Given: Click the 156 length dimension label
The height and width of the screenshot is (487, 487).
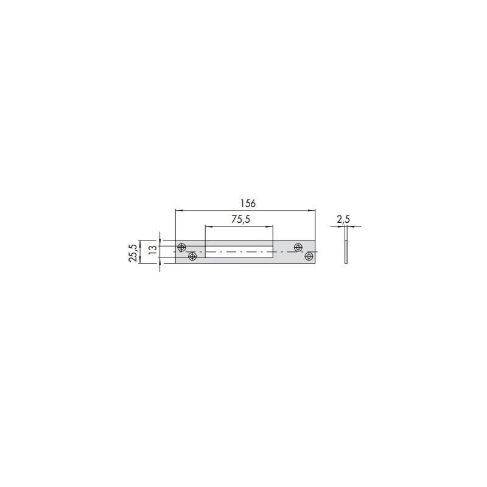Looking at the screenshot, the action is [248, 203].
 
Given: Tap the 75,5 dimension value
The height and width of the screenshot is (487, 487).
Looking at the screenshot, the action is [240, 219].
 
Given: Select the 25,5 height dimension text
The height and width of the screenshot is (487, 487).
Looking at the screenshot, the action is [133, 253].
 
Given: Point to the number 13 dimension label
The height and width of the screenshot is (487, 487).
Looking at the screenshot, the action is [153, 250].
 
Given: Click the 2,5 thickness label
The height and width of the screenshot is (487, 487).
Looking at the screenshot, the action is [343, 219].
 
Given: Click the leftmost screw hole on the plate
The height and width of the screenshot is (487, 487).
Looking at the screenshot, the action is [181, 248].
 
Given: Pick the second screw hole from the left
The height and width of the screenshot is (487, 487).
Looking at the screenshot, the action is [192, 256].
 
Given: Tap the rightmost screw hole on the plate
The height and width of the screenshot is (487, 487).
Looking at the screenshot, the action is [309, 256].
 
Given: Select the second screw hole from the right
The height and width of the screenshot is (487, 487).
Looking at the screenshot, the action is [298, 248].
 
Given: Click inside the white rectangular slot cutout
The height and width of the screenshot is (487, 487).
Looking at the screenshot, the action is [239, 252].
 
